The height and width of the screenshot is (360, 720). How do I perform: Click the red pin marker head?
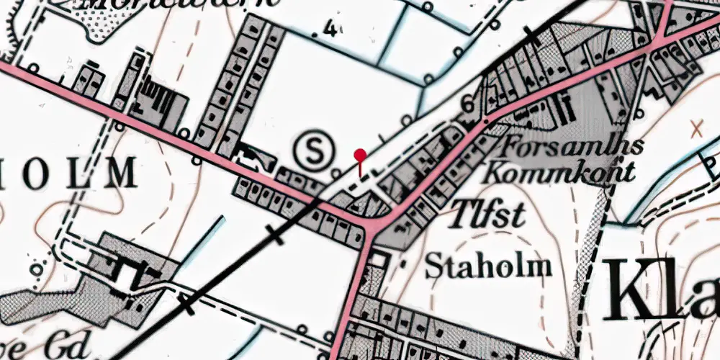[360, 154]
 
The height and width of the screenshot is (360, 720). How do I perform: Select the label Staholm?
[488, 266]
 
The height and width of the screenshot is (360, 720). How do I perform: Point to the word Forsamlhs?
[565, 147]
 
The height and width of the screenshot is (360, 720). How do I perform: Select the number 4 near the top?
[330, 30]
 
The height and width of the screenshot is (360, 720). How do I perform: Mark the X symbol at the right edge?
[696, 130]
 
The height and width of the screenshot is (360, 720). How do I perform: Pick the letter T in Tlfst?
[461, 214]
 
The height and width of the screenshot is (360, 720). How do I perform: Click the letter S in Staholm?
[433, 266]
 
